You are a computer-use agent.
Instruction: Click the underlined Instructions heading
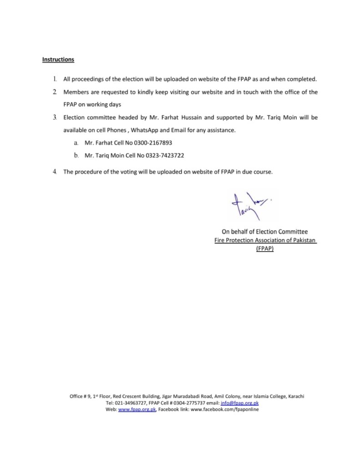coord(58,60)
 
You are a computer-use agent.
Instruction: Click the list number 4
coord(55,172)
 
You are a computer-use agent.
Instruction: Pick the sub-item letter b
coord(76,156)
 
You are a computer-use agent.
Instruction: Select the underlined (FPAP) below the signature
coord(265,249)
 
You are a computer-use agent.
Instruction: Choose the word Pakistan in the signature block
coord(303,240)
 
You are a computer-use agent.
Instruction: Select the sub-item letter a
coord(76,143)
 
